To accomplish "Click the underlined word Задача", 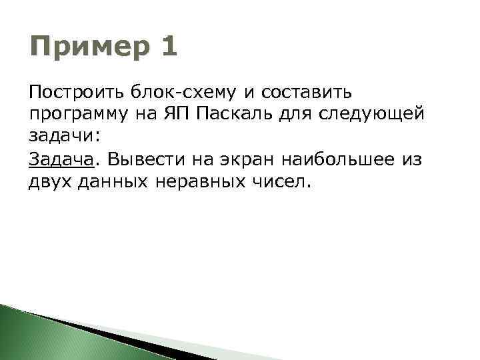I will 59,160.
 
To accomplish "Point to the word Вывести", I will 139,160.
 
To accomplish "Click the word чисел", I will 284,183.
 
